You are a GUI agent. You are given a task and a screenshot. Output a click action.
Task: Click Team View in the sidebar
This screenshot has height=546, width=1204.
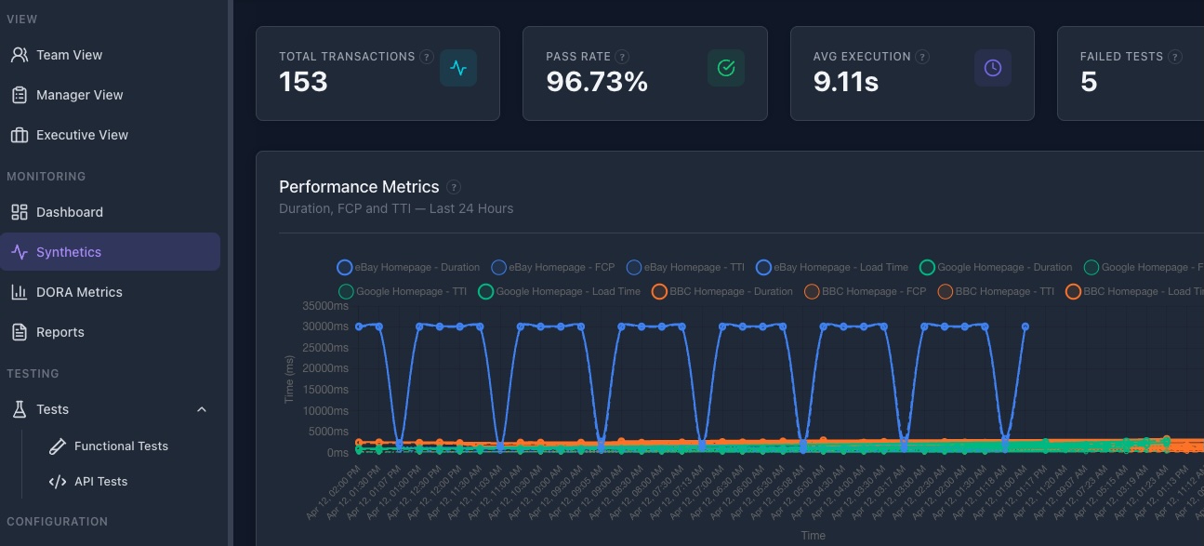[x=69, y=55]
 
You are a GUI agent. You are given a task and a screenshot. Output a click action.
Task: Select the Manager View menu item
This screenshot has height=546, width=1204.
[x=79, y=95]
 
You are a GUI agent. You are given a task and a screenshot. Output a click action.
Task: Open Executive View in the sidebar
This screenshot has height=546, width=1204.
[x=82, y=135]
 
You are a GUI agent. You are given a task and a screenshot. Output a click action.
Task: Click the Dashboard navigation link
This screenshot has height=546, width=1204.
[x=69, y=212]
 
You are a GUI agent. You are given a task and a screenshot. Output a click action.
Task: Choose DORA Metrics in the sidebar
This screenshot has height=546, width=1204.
[x=79, y=292]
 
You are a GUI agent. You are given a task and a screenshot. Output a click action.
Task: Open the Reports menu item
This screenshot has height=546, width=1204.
[x=60, y=332]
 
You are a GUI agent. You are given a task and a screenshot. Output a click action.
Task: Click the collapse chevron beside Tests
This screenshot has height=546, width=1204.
[x=202, y=409]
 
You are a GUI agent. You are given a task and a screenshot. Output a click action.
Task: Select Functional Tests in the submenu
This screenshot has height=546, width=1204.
[x=121, y=446]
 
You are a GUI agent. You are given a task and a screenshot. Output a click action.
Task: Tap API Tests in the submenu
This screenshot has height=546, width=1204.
[x=100, y=482]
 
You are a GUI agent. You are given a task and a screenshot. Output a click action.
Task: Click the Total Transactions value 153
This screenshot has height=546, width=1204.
[x=304, y=82]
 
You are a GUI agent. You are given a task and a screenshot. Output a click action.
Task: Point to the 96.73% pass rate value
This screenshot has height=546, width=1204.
[x=597, y=82]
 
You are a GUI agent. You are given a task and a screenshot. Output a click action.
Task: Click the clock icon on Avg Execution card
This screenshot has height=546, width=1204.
[x=992, y=68]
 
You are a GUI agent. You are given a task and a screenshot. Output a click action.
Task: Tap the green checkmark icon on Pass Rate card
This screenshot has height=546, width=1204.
[x=726, y=68]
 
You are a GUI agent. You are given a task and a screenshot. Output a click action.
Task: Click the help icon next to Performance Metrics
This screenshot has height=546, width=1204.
[x=454, y=187]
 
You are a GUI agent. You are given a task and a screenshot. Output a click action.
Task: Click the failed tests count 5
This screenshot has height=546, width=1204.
[x=1089, y=82]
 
